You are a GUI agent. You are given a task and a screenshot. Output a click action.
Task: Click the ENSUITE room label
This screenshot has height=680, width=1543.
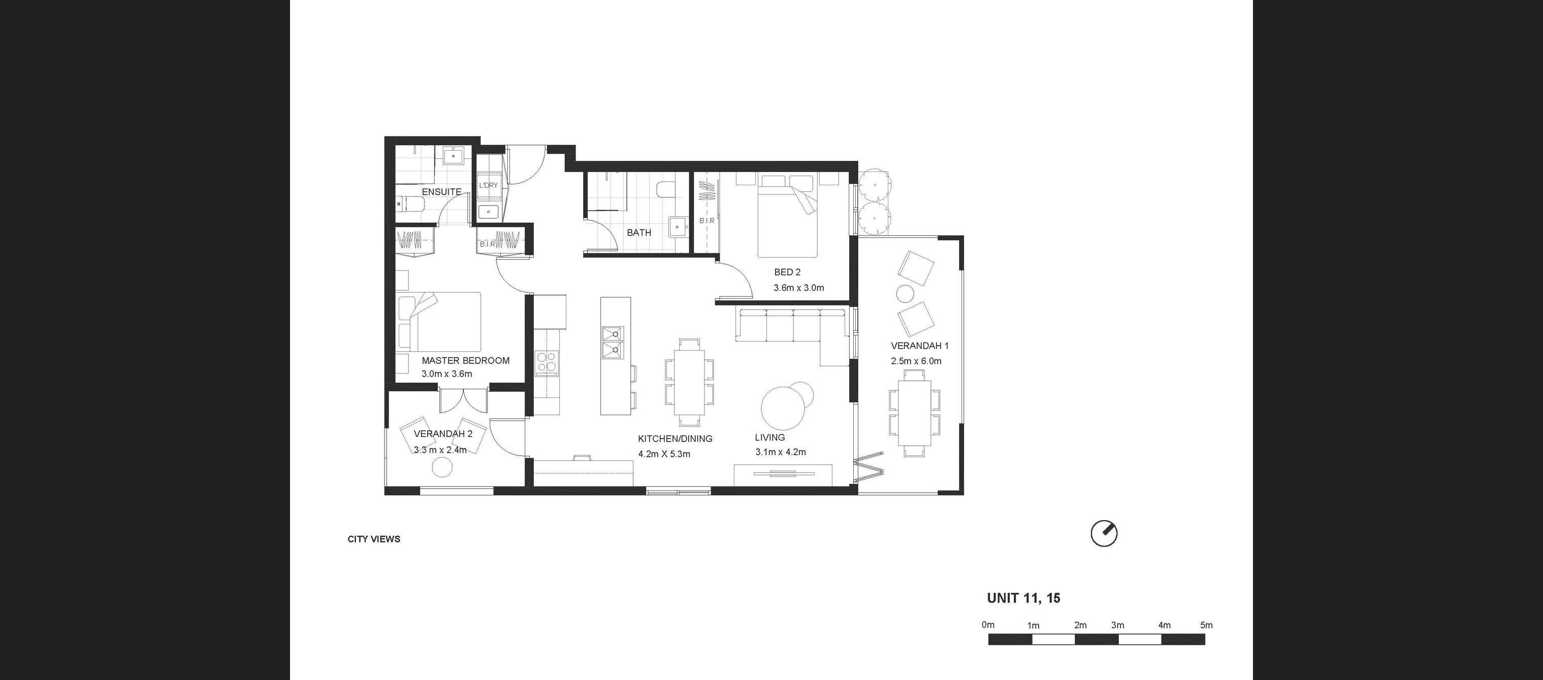(x=441, y=191)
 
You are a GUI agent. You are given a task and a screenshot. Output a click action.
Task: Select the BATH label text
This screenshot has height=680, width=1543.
(x=639, y=232)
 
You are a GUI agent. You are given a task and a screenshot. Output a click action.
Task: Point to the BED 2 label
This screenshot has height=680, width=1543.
(x=787, y=272)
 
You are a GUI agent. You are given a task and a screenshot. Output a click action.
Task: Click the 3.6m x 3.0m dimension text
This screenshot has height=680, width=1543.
(x=798, y=287)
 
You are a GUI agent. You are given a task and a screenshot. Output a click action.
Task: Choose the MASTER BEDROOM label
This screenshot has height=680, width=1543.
(x=465, y=360)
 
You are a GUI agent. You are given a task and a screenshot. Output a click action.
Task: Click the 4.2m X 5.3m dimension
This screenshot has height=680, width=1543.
(x=664, y=454)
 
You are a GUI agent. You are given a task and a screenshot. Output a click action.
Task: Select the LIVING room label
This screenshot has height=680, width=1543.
(x=769, y=437)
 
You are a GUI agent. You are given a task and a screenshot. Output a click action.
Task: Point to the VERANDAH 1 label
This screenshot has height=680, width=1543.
(x=919, y=346)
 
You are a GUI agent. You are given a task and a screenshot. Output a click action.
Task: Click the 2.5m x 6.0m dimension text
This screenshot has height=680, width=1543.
(x=916, y=361)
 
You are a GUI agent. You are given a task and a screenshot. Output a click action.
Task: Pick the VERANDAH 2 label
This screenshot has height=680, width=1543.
(x=443, y=434)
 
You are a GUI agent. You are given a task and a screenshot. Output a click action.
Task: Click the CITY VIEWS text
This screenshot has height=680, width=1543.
(x=374, y=539)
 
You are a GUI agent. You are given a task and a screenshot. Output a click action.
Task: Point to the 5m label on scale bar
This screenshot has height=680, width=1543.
(x=1206, y=625)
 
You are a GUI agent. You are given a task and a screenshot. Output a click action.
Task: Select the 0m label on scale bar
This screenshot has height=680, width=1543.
(x=988, y=625)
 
